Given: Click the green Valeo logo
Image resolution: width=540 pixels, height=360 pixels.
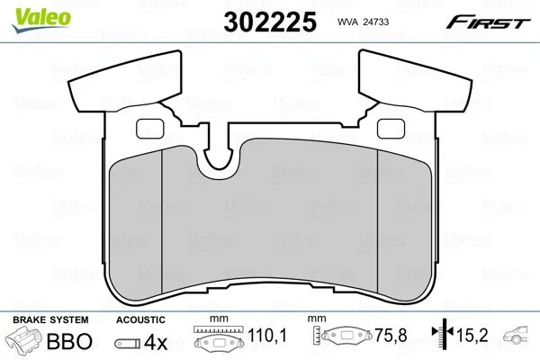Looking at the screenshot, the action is tap(41, 19).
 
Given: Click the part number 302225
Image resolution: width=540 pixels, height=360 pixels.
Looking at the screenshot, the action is tap(270, 22).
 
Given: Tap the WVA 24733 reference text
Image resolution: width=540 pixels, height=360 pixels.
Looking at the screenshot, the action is tap(363, 22).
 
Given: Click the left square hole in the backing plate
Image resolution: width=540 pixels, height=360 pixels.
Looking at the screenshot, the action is tap(150, 129).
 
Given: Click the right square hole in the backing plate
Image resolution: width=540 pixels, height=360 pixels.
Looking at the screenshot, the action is tap(391, 129).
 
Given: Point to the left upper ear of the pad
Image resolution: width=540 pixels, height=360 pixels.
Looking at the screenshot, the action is tap(125, 81).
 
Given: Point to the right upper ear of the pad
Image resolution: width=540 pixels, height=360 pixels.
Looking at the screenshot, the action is tap(415, 81).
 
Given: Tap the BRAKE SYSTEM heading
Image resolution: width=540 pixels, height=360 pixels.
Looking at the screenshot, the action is tap(50, 319).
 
